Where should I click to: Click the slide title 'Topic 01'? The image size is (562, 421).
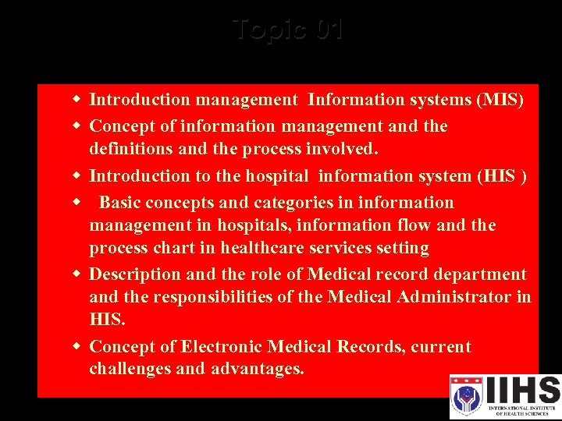tap(288, 30)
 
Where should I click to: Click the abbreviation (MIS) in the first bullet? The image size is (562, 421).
tap(500, 100)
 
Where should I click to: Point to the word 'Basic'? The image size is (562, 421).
tap(119, 203)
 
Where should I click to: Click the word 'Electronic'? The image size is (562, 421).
tap(221, 347)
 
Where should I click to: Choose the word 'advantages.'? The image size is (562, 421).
tap(258, 369)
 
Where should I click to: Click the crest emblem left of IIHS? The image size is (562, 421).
tap(467, 396)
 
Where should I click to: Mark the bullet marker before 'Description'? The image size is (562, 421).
tap(77, 274)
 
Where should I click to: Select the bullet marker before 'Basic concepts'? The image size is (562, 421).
tap(77, 203)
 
